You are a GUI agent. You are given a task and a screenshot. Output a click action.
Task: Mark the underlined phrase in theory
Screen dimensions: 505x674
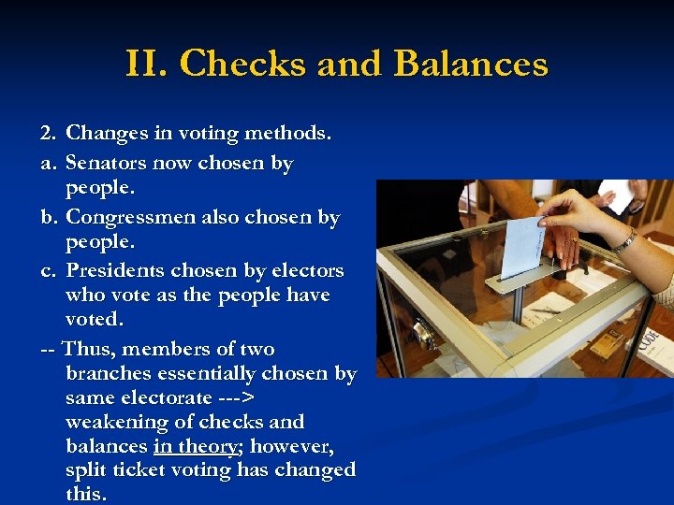click(x=198, y=446)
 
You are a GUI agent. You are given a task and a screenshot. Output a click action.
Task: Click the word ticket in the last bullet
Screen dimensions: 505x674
click(x=144, y=470)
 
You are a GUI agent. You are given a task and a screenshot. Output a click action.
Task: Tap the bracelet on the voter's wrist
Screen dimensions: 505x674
click(x=624, y=241)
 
